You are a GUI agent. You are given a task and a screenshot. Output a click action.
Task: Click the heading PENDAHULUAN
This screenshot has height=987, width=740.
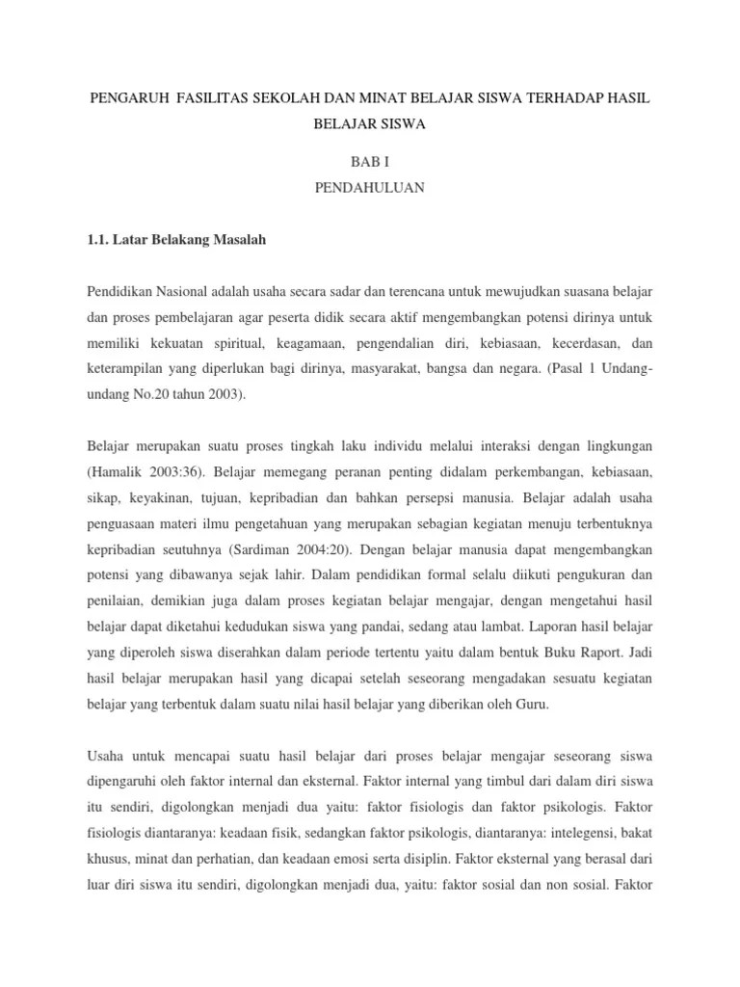[x=369, y=188]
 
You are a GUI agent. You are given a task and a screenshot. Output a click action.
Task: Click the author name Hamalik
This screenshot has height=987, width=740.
[x=118, y=472]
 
